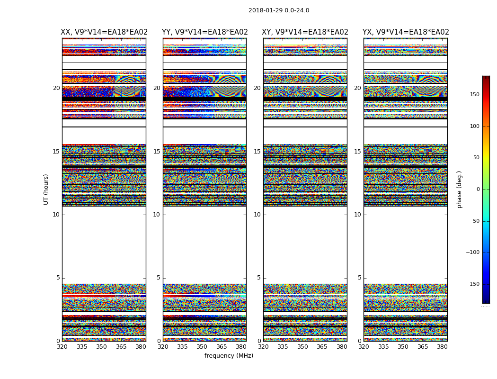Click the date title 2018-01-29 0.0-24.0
click(279, 10)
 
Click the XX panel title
click(104, 32)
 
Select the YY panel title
click(204, 32)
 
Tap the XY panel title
click(305, 32)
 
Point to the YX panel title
click(406, 32)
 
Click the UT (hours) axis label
click(46, 189)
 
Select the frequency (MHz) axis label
click(229, 356)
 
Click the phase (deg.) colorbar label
click(459, 189)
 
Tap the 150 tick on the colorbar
click(474, 95)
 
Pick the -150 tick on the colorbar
click(472, 284)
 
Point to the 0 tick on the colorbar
click(478, 189)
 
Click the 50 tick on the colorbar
click(476, 158)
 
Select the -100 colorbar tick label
click(472, 253)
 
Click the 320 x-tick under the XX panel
click(62, 347)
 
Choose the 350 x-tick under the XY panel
click(302, 347)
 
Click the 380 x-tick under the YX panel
click(442, 347)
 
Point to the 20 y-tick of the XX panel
click(56, 88)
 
